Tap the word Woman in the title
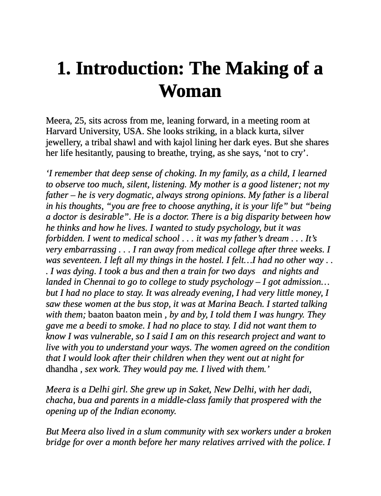[x=190, y=91]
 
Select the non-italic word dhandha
[x=62, y=369]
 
